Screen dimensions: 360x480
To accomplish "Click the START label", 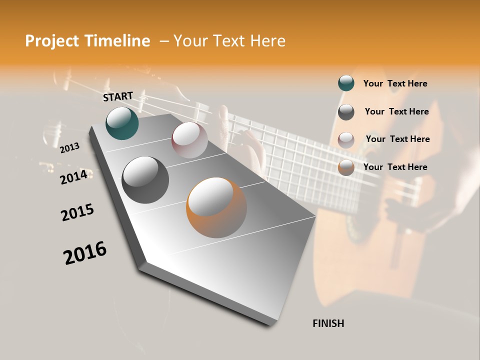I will (118, 96).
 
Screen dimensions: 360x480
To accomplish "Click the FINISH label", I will (328, 323).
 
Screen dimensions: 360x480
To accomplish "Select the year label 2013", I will (70, 147).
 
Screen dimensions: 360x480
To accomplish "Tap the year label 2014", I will (73, 177).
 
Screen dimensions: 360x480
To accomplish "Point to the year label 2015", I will (77, 212).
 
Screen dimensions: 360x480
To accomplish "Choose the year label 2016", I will (85, 253).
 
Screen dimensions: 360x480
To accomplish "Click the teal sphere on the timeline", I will (122, 123).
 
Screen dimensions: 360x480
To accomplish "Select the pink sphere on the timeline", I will (189, 140).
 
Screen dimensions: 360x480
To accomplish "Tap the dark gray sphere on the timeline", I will (145, 179).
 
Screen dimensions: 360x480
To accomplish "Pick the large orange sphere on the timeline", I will (216, 207).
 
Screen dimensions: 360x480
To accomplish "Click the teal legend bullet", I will (346, 83).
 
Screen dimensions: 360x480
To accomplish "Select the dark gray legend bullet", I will (346, 112).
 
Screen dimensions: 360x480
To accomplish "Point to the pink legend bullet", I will (346, 139).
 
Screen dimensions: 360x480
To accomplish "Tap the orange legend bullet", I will (346, 167).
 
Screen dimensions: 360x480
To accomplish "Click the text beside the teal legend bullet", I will (395, 83).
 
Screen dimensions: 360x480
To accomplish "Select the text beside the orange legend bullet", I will (395, 167).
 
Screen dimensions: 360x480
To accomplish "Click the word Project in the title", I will (52, 41).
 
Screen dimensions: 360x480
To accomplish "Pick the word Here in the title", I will (267, 41).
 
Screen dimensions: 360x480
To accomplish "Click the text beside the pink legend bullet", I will (397, 139).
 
